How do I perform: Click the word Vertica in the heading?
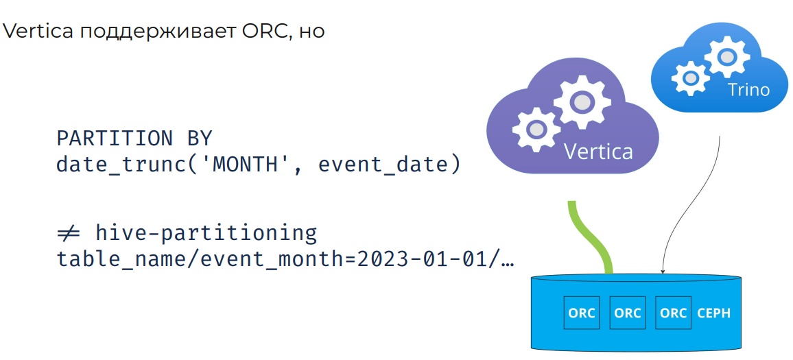click(x=38, y=31)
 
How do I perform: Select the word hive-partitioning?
click(x=206, y=234)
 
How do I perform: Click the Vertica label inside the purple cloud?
click(x=598, y=151)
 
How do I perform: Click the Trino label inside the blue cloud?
click(x=748, y=90)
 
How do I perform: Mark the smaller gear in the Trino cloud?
click(x=690, y=78)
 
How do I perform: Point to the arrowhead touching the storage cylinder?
click(x=663, y=271)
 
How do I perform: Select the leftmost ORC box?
click(x=582, y=313)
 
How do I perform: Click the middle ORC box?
click(x=628, y=313)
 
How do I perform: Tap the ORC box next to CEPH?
click(x=673, y=313)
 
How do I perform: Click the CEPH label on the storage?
click(x=713, y=313)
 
